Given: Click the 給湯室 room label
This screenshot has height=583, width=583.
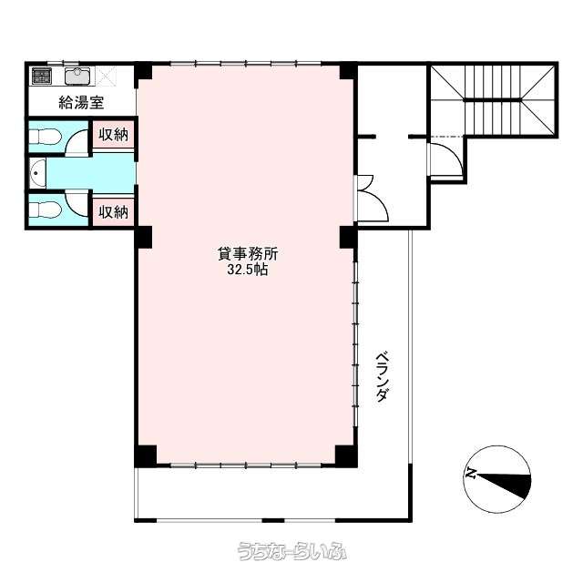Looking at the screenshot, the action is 81,103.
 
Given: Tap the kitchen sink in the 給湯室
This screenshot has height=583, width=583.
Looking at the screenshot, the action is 77,77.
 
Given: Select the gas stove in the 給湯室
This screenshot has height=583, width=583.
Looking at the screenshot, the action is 41,77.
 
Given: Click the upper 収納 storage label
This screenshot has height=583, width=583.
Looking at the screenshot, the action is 113,134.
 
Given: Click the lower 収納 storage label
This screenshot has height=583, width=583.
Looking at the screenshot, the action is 113,212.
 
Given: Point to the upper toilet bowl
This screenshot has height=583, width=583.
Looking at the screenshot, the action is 45,137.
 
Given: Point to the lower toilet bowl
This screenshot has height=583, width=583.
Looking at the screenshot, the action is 45,210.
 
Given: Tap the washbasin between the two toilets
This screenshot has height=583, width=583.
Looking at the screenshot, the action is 37,173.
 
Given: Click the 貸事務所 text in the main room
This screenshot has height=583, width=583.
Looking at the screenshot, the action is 248,254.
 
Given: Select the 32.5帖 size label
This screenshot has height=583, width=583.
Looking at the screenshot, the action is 248,270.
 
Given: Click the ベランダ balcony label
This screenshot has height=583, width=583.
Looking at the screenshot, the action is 383,377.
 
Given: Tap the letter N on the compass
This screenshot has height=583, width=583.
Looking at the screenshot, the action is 472,474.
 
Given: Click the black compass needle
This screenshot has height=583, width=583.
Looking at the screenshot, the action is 505,484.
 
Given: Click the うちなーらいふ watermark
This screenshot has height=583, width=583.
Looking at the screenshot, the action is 291,551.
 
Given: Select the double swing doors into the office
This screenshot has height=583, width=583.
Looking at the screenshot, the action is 372,199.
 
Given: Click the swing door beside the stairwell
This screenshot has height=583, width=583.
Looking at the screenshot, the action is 446,158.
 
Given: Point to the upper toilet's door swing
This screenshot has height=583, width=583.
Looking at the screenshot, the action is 77,142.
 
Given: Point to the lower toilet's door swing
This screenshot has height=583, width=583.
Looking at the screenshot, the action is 77,202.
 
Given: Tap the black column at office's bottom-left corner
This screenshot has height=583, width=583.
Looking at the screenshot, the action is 146,455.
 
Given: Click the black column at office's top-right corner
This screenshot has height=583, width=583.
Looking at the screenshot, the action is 348,71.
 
